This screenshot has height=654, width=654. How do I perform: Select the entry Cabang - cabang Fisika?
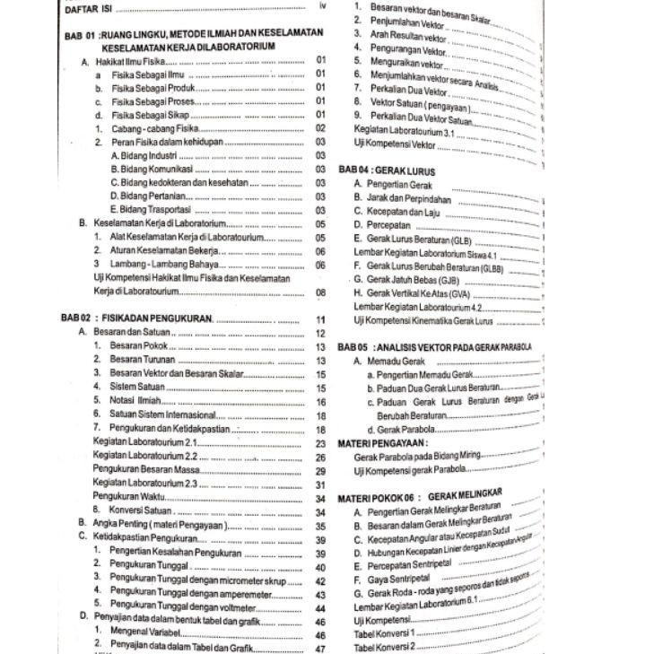tap(154, 128)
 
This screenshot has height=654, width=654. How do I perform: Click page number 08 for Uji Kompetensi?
tap(321, 292)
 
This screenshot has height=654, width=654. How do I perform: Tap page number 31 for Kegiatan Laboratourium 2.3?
tap(321, 485)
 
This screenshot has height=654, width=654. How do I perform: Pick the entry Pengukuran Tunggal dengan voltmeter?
tap(182, 606)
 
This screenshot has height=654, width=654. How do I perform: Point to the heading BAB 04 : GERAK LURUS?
tap(387, 170)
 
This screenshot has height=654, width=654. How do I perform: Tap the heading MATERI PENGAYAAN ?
tap(383, 443)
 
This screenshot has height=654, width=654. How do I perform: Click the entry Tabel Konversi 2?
tap(385, 647)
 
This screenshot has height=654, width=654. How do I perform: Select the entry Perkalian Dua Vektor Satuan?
tap(421, 118)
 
